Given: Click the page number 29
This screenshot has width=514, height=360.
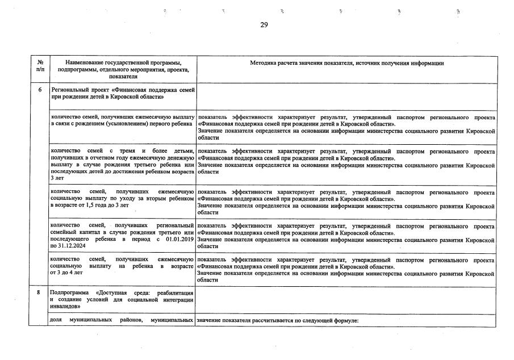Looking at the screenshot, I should click(264, 24).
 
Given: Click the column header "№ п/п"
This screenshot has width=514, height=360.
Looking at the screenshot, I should click(40, 66).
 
